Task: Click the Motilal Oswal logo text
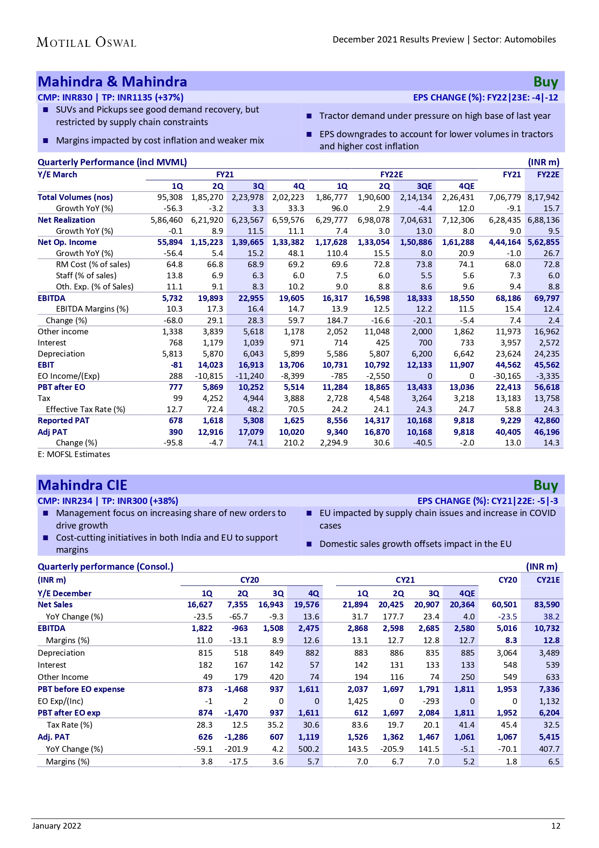pyautogui.click(x=86, y=42)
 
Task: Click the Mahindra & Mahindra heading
pyautogui.click(x=112, y=82)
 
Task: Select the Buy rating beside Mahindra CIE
pyautogui.click(x=545, y=485)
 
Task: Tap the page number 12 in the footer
pyautogui.click(x=556, y=826)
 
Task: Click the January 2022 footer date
pyautogui.click(x=57, y=826)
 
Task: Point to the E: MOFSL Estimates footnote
pyautogui.click(x=74, y=454)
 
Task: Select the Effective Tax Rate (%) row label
pyautogui.click(x=85, y=409)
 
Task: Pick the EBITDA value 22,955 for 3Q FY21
pyautogui.click(x=251, y=298)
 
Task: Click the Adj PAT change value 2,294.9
pyautogui.click(x=333, y=443)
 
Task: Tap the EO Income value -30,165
pyautogui.click(x=507, y=376)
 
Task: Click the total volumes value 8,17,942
pyautogui.click(x=543, y=197)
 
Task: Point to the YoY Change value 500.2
pyautogui.click(x=308, y=749)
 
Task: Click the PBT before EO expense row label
pyautogui.click(x=81, y=689)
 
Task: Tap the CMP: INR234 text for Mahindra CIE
pyautogui.click(x=65, y=501)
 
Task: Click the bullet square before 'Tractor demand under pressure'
pyautogui.click(x=309, y=116)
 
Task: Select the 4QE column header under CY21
pyautogui.click(x=467, y=593)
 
